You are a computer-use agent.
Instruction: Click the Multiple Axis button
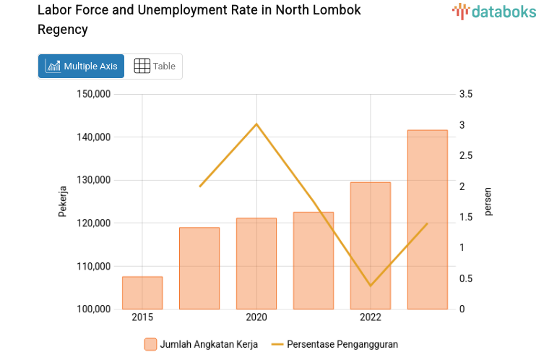tap(81, 66)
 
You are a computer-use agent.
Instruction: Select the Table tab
tap(155, 66)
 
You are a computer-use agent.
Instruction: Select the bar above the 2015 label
tap(142, 293)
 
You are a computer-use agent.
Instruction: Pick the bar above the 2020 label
tap(256, 264)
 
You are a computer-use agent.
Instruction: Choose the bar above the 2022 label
tap(371, 246)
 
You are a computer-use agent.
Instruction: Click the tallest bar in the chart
tap(428, 220)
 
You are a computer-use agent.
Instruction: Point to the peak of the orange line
tap(256, 124)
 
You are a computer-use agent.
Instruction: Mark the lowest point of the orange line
tap(371, 286)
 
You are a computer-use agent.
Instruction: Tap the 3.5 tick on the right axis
tap(465, 94)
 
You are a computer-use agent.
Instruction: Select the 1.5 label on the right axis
tap(465, 217)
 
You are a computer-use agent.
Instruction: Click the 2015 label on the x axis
tap(142, 317)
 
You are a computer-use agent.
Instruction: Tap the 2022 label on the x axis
tap(371, 317)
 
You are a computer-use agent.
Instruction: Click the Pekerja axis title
tap(63, 202)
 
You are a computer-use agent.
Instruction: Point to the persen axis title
tap(488, 201)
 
